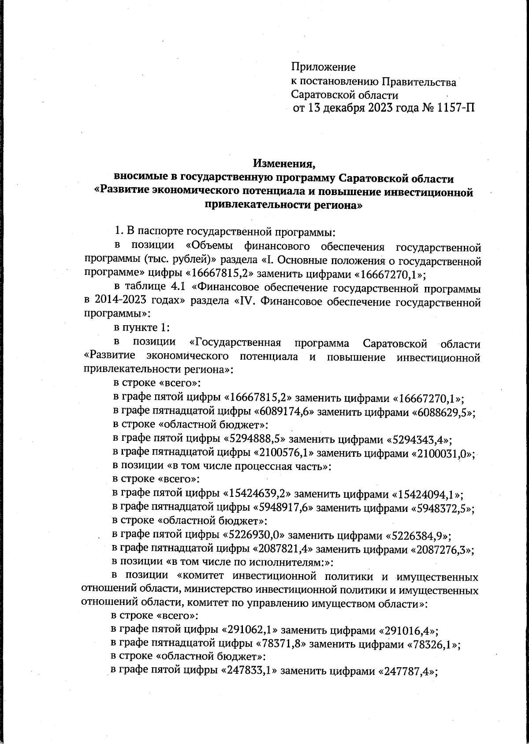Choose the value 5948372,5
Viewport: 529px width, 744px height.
(441, 508)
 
